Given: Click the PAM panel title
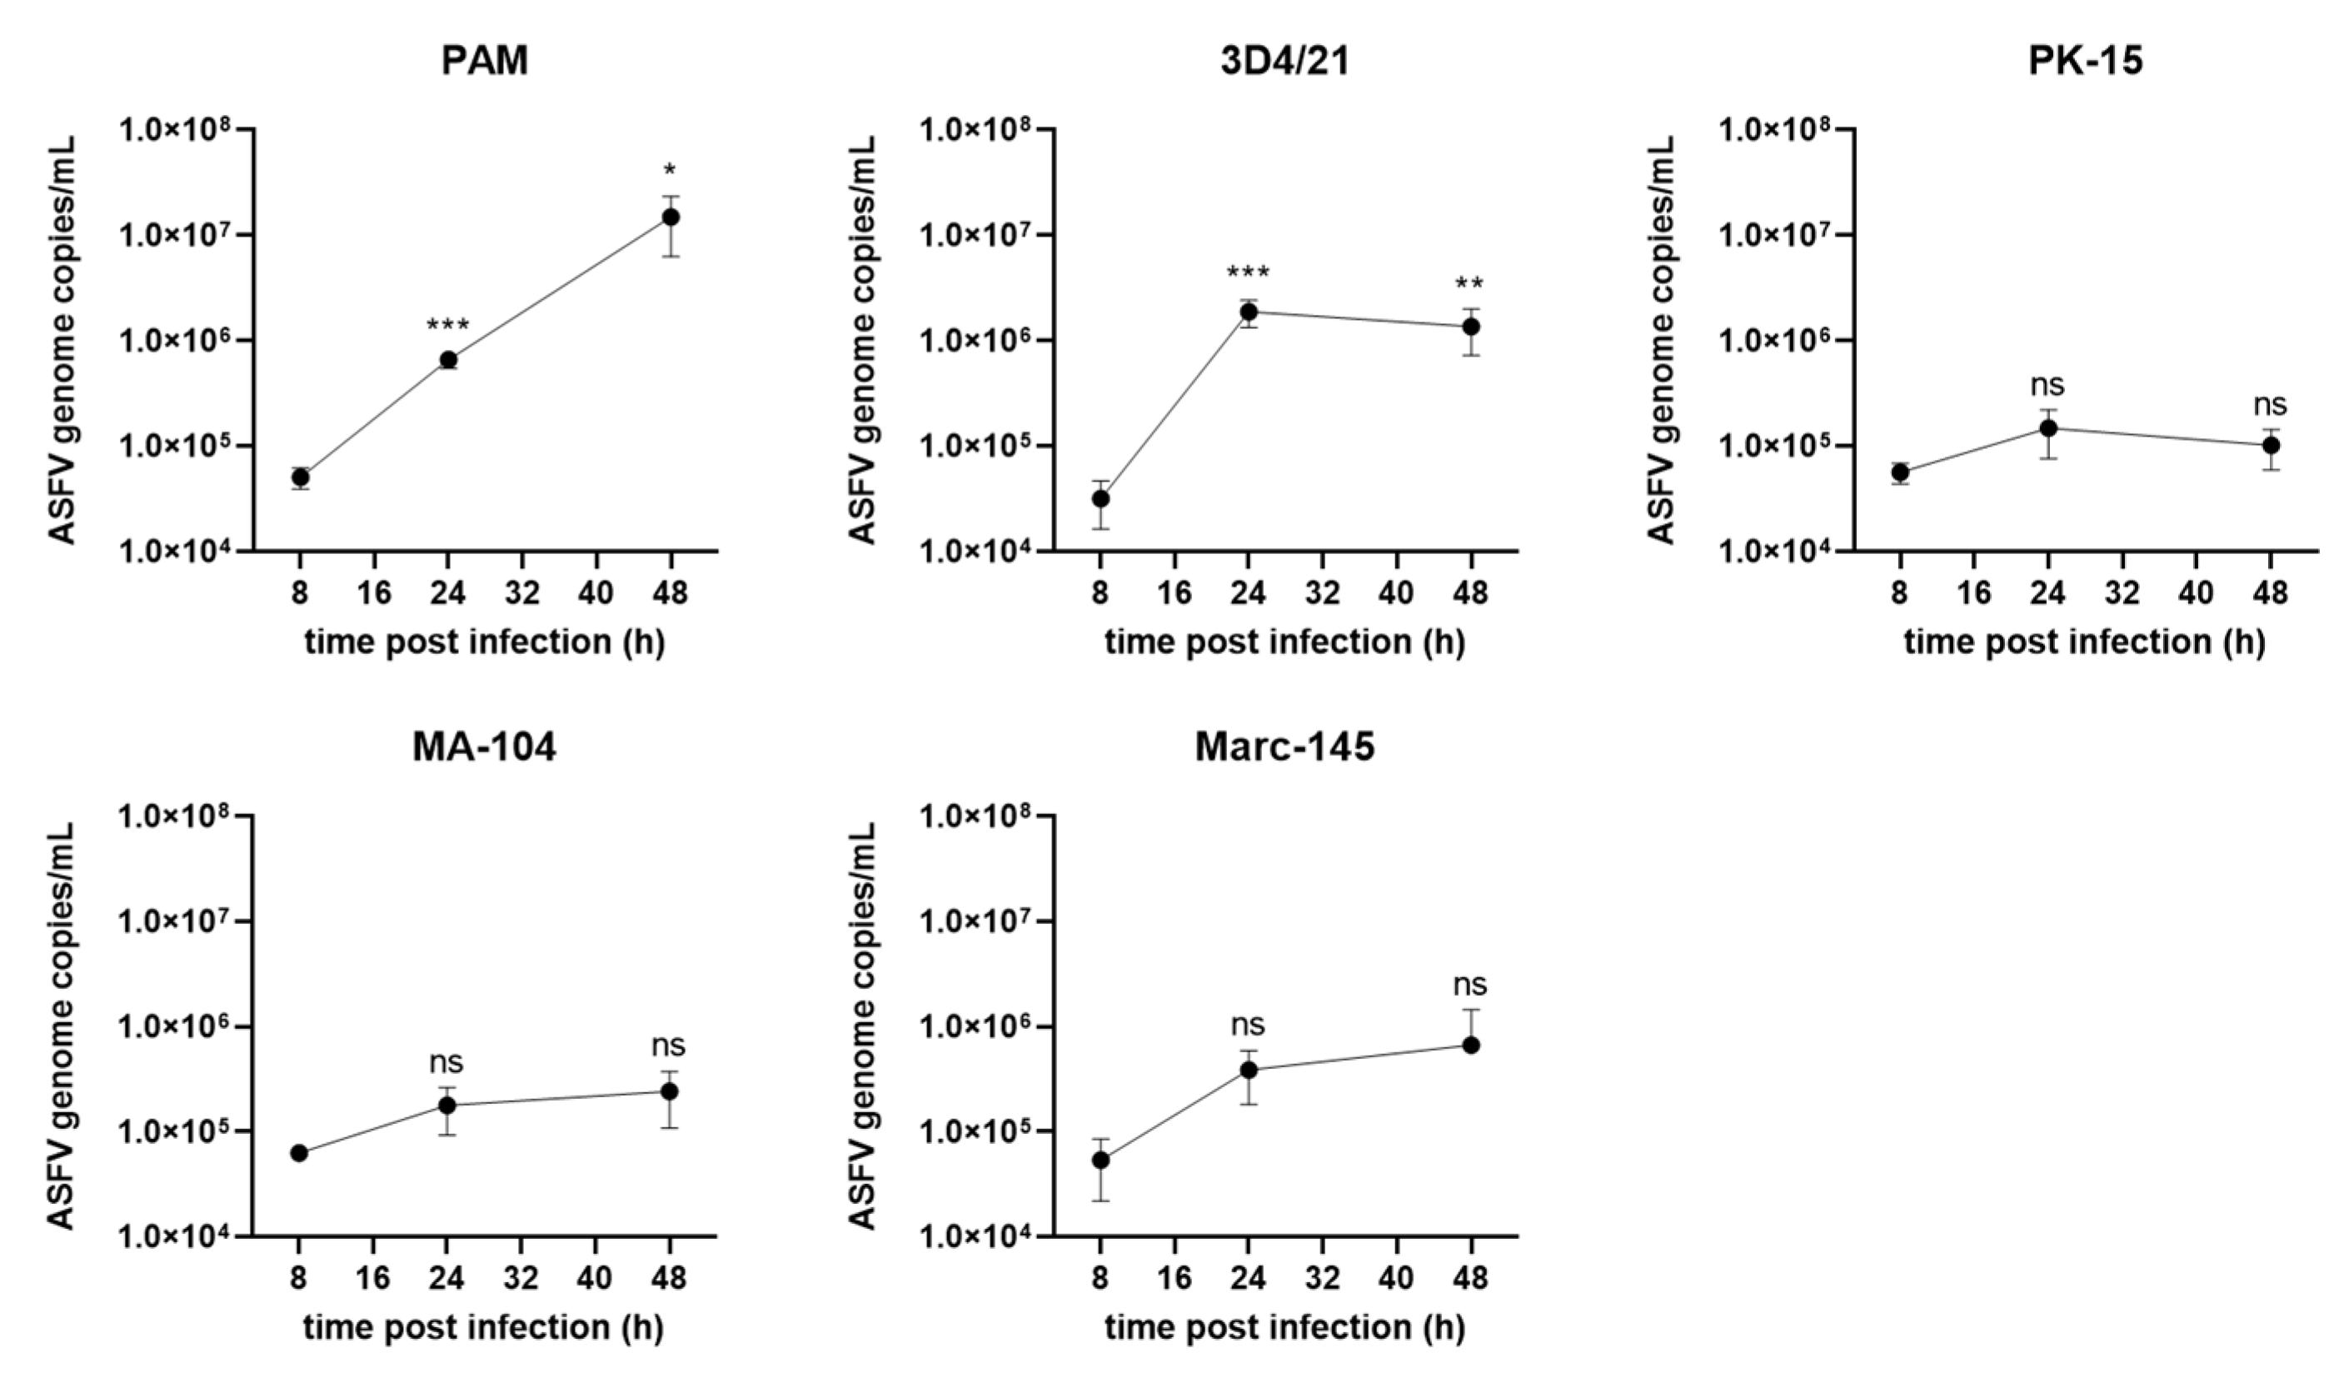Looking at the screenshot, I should (485, 61).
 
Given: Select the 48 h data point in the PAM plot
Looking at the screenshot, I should (671, 217).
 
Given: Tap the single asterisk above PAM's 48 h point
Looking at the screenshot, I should (670, 171).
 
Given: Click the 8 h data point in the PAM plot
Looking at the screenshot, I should (300, 478).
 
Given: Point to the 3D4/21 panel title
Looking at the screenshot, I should (1284, 61).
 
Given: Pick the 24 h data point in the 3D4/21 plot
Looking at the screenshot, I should (1249, 312).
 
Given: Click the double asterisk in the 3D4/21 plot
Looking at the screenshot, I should (1469, 284).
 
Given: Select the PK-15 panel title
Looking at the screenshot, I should (2085, 61).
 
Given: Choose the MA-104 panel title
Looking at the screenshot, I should (485, 747).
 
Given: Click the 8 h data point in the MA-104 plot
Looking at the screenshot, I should (299, 1153).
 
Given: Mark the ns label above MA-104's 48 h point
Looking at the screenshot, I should (669, 1045).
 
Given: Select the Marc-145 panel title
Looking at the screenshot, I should (1284, 747).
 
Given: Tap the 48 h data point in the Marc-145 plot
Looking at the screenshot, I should (1470, 1045).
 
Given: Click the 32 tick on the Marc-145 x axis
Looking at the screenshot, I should (1322, 1278).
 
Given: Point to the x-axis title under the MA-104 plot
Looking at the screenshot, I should (483, 1327).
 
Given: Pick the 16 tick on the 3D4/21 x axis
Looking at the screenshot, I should (1174, 592).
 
